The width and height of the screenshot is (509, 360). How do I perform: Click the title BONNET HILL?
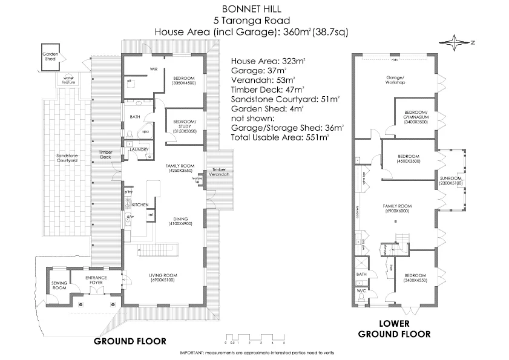tap(254, 10)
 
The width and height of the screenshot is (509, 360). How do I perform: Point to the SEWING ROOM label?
tap(58, 286)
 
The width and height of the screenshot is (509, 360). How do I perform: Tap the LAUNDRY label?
tap(140, 149)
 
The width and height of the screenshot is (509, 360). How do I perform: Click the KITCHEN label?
tap(140, 205)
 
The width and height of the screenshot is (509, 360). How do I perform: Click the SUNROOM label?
tap(451, 180)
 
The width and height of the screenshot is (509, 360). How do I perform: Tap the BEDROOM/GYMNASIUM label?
tap(416, 116)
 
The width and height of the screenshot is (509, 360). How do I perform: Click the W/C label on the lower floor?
tap(362, 290)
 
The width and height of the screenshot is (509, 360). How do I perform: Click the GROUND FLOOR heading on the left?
tap(130, 341)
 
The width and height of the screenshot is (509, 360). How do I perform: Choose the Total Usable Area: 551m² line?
tap(280, 137)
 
